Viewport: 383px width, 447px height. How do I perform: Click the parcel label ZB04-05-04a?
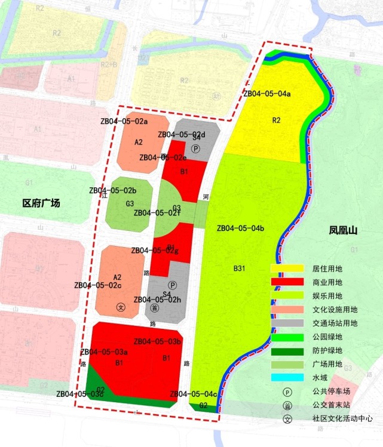click(x=267, y=94)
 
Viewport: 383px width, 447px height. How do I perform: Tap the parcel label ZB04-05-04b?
click(x=241, y=228)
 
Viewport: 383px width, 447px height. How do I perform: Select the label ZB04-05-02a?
click(x=124, y=121)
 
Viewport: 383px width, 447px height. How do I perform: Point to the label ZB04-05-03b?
click(x=158, y=341)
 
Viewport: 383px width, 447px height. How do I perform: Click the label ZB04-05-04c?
click(x=194, y=394)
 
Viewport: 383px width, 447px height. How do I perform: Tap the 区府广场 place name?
click(x=41, y=204)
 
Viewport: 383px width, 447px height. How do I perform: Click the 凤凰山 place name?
click(x=343, y=230)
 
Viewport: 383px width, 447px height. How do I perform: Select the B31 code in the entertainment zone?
click(x=240, y=269)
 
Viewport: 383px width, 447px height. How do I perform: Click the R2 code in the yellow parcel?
click(x=276, y=121)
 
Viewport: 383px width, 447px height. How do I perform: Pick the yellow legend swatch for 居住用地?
click(x=286, y=269)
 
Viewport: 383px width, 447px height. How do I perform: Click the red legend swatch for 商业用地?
click(x=286, y=282)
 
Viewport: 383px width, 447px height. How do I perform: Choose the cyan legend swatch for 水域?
click(x=286, y=377)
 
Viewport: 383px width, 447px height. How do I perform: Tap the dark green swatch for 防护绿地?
click(x=286, y=350)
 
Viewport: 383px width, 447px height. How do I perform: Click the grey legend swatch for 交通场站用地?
click(x=286, y=323)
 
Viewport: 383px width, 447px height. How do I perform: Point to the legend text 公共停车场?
click(x=332, y=392)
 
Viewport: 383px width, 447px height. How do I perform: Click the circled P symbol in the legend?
click(x=287, y=392)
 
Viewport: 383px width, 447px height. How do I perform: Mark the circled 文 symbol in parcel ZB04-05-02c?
click(x=121, y=307)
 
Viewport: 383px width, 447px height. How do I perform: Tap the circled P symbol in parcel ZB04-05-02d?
click(x=195, y=148)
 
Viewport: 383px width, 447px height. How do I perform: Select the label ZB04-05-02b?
click(x=113, y=190)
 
